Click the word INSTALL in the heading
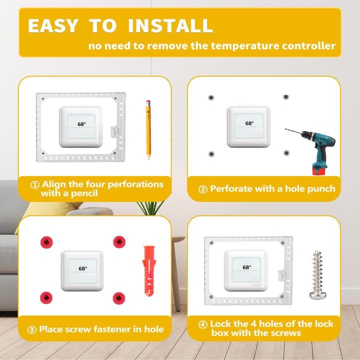170,25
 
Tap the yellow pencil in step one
148,129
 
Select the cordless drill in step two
307,147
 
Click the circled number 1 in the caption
35,184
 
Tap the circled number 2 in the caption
203,189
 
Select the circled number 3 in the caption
32,329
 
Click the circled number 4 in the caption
203,324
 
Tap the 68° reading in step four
246,267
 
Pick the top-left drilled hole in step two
211,97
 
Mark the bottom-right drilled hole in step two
286,152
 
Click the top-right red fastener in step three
119,242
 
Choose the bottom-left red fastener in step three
45,295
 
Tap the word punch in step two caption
320,189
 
